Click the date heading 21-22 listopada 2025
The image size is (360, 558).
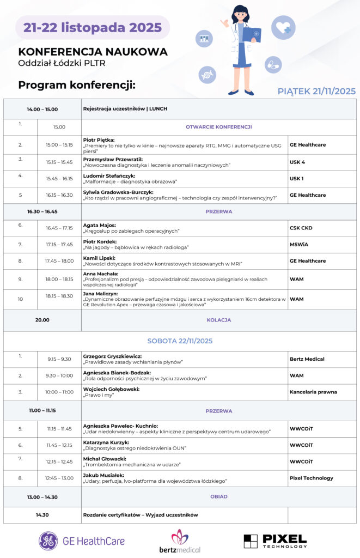tap(92, 27)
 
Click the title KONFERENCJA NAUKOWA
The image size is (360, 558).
tap(93, 52)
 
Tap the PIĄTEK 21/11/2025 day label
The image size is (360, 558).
tap(316, 91)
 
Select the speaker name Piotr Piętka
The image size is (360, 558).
tap(99, 139)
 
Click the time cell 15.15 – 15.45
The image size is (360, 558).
tap(59, 162)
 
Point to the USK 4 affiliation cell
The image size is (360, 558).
tap(297, 162)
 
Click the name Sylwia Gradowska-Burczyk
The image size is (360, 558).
tap(118, 192)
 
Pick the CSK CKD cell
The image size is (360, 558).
tap(301, 228)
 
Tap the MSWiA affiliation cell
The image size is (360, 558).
tap(299, 245)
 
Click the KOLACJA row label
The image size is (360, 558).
tap(219, 320)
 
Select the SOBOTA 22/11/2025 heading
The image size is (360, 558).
tap(180, 341)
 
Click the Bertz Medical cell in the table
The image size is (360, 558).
tap(307, 359)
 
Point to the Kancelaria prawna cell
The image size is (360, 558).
tap(313, 392)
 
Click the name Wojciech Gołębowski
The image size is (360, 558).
tap(111, 389)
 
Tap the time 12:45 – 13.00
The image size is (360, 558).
tap(59, 478)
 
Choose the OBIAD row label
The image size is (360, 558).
tap(219, 497)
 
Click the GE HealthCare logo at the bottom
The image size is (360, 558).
tap(82, 541)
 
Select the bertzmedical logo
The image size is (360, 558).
tap(179, 541)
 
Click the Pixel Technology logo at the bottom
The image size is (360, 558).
tap(275, 541)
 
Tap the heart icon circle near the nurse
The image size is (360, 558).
tap(283, 27)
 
